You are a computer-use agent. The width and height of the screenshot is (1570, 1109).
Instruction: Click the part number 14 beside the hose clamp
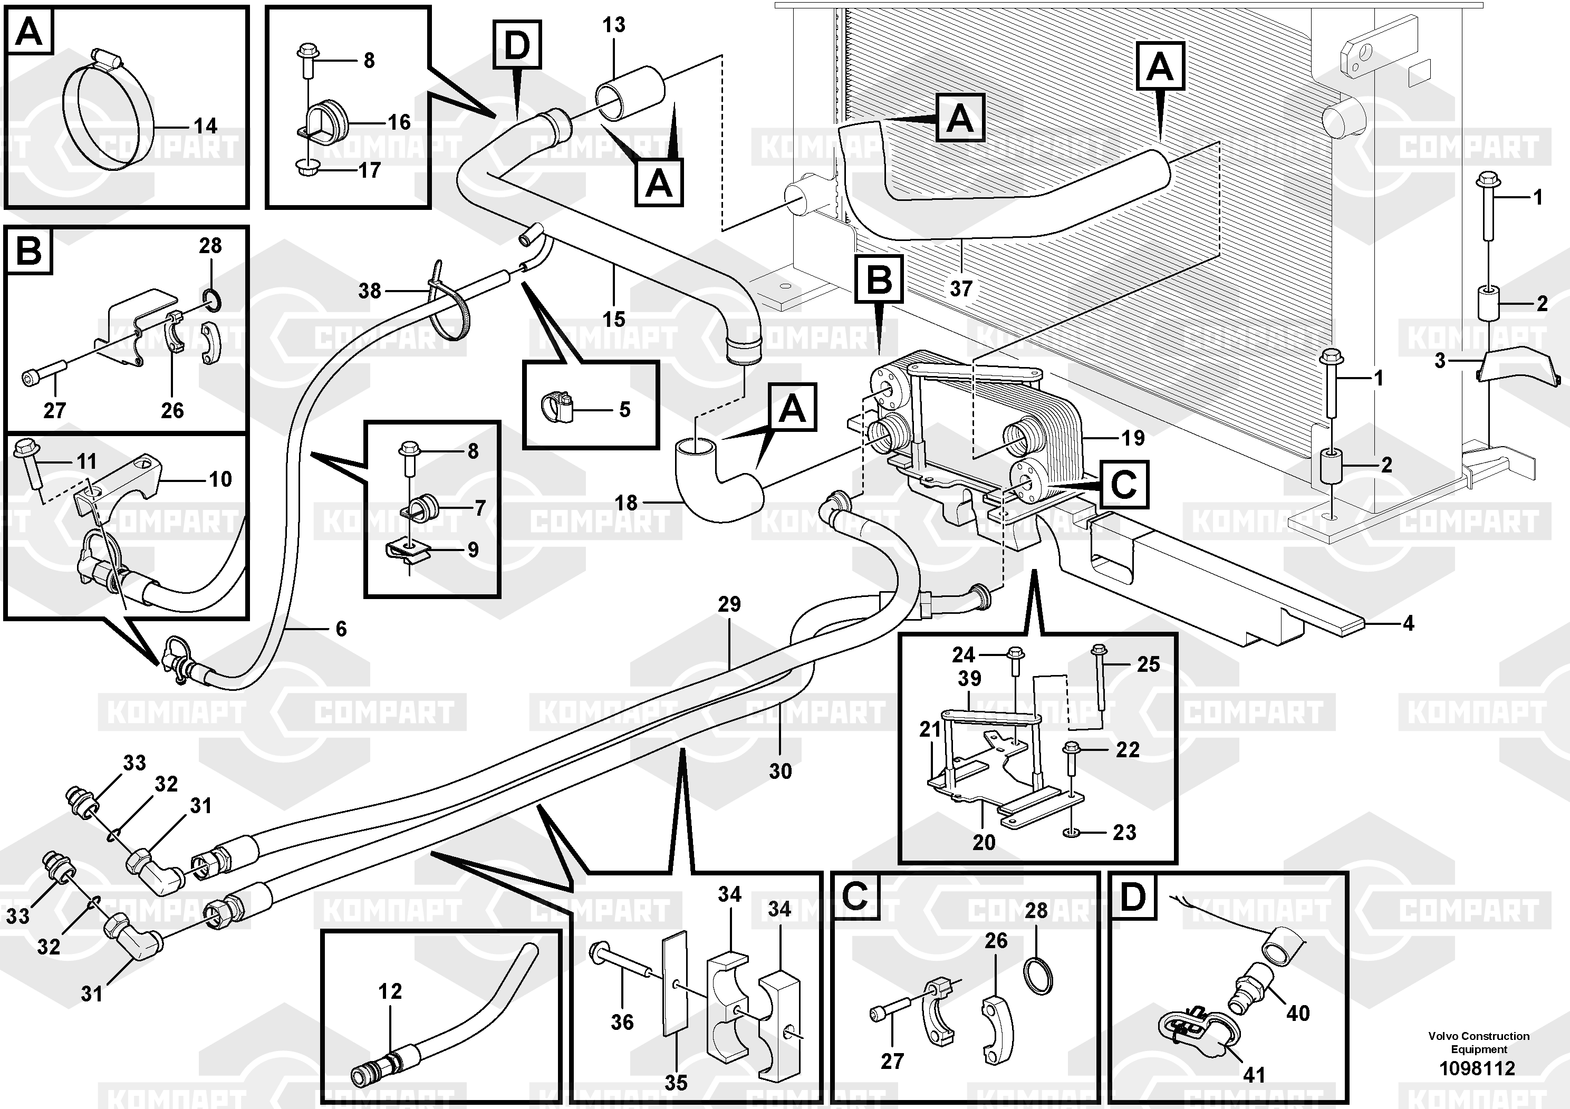(x=205, y=126)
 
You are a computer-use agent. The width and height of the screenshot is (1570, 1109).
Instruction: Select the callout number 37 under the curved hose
(x=961, y=288)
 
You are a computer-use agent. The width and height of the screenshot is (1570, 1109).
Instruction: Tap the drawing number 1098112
(x=1478, y=1068)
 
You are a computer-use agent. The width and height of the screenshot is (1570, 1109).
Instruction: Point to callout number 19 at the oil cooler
(x=1133, y=438)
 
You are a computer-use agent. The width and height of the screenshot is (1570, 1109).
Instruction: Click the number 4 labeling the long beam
(x=1408, y=623)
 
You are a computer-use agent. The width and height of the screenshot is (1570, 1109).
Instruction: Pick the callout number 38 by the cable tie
(x=369, y=291)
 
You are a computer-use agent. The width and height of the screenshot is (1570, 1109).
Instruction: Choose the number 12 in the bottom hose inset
(x=390, y=991)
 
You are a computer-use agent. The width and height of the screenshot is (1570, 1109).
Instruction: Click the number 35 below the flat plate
(x=676, y=1082)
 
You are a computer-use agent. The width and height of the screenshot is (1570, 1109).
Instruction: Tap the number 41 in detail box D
(x=1254, y=1075)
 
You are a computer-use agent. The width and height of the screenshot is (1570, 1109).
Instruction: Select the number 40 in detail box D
(x=1298, y=1012)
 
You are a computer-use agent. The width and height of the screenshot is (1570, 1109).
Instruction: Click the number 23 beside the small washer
(x=1124, y=832)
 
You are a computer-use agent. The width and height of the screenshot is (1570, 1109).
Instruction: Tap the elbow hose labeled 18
(x=718, y=479)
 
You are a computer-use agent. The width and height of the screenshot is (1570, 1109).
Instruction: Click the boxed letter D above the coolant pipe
(x=517, y=45)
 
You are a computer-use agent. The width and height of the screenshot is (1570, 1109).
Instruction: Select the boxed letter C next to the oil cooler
(x=1123, y=484)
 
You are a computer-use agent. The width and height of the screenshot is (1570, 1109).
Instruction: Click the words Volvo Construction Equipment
(x=1478, y=1042)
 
